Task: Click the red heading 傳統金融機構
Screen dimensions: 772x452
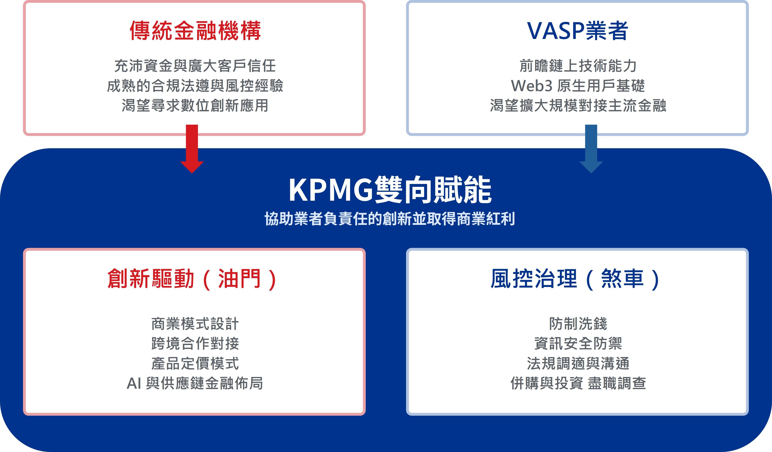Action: pos(195,31)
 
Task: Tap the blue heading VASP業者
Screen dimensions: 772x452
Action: pos(577,31)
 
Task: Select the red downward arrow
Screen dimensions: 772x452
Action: pos(192,149)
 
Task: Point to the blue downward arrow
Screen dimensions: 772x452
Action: pos(591,149)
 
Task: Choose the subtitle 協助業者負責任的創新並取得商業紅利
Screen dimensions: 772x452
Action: pos(390,219)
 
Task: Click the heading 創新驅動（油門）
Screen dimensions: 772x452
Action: pos(192,279)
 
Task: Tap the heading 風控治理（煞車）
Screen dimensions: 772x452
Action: pos(575,279)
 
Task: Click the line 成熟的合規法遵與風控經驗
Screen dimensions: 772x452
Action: pos(195,86)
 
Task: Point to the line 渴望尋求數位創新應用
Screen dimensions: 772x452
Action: pos(195,106)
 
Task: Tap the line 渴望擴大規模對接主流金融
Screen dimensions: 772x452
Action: pos(578,106)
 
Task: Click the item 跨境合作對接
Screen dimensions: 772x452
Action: pos(195,343)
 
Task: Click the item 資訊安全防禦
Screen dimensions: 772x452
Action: pos(578,343)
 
